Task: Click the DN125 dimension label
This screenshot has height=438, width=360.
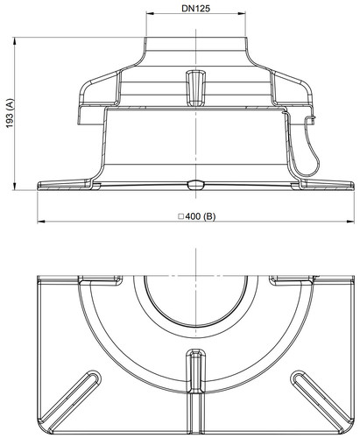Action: [195, 9]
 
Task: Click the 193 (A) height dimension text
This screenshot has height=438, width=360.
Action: [10, 113]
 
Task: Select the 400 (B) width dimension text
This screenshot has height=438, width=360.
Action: [201, 216]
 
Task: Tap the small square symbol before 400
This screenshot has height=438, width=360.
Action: [181, 216]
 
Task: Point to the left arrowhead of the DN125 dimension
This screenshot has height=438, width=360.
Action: [149, 13]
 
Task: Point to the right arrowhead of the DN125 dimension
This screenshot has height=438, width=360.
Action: [242, 13]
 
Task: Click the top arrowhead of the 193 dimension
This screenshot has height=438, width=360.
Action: [15, 40]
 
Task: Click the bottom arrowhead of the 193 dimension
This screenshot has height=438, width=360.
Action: [15, 187]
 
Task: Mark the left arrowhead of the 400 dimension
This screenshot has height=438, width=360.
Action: [41, 222]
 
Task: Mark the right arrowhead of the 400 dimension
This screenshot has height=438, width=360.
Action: [350, 222]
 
